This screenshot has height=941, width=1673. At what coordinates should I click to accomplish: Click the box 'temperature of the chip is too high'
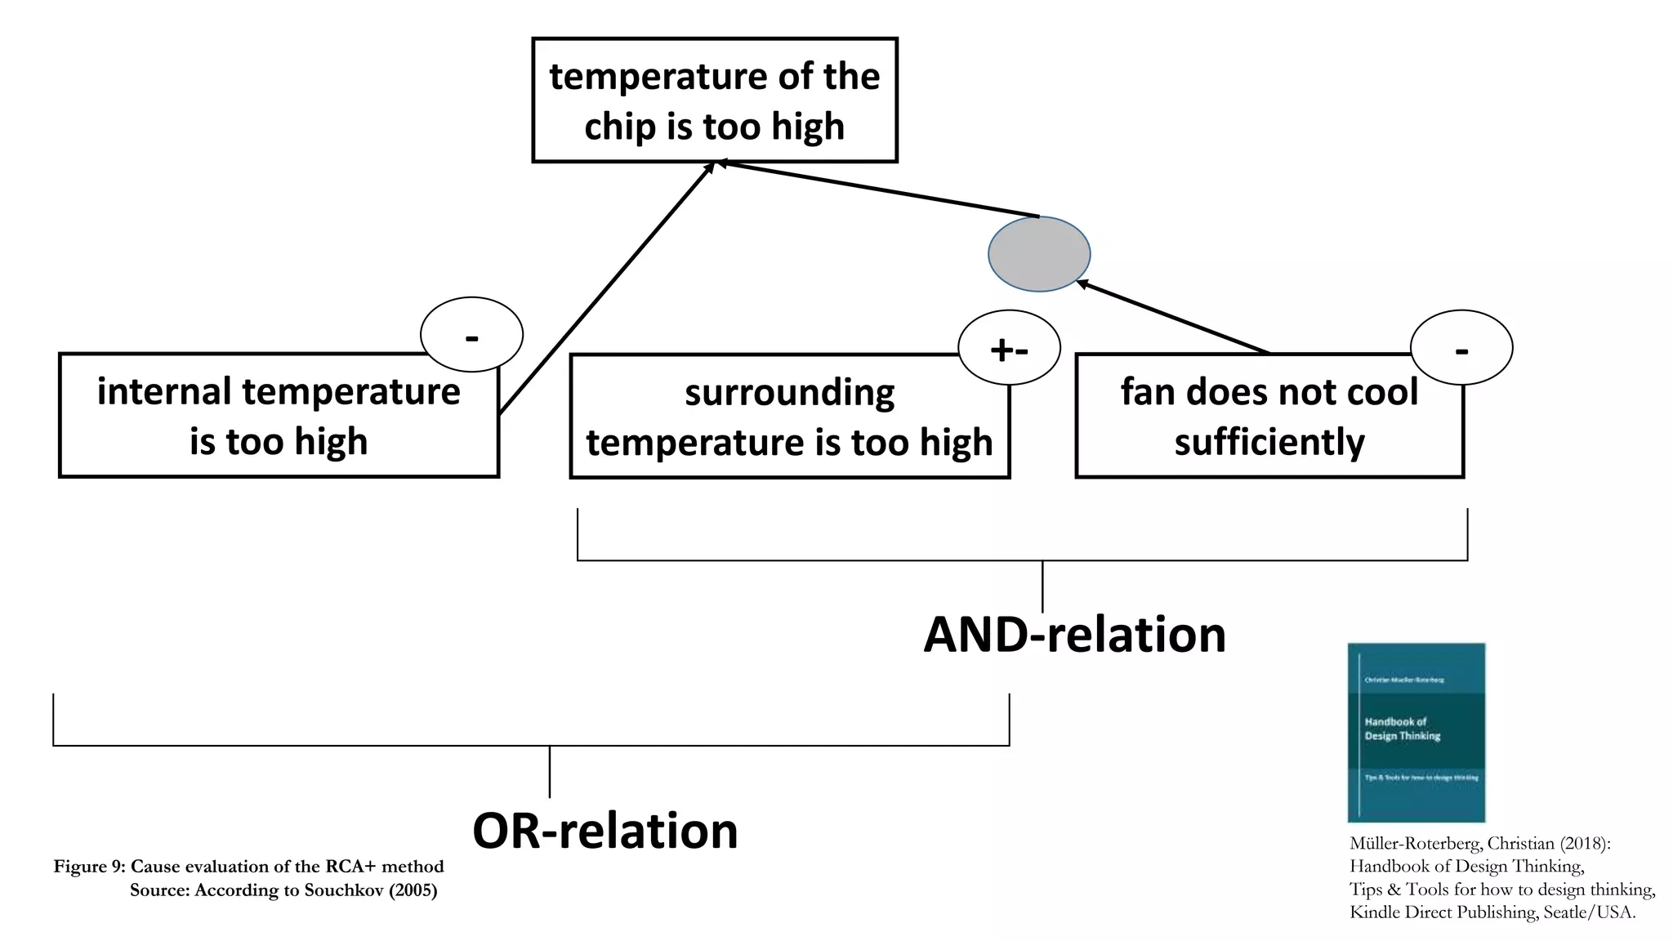point(714,100)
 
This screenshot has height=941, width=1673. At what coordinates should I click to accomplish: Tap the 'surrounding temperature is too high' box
point(789,417)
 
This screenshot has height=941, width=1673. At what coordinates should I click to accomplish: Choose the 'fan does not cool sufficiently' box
point(1269,417)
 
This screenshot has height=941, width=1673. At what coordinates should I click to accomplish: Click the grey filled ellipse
point(1038,254)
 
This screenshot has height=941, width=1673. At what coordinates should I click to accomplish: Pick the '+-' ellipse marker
point(1009,347)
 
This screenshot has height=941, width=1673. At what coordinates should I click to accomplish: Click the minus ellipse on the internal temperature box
point(471,333)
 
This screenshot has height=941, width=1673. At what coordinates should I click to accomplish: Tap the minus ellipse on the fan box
point(1461,347)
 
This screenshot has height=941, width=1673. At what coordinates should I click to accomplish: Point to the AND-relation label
point(1074,635)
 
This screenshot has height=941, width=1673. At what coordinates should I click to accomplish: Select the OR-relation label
point(605,831)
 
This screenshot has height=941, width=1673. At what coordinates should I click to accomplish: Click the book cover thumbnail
point(1416,732)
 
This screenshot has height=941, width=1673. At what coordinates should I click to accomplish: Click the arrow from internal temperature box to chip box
point(606,288)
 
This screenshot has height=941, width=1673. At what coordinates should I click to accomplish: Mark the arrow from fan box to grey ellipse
point(1172,317)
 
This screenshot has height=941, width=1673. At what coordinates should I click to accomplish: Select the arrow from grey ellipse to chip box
point(878,190)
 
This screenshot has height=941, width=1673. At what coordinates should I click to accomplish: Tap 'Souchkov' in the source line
point(343,890)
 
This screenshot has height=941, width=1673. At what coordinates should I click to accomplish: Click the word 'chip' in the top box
point(619,127)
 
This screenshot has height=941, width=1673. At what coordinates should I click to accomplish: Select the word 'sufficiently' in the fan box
point(1269,442)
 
